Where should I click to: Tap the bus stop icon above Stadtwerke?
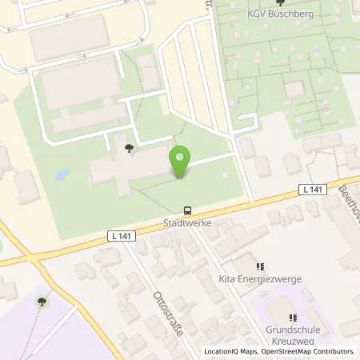[187, 211]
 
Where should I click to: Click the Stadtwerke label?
[187, 223]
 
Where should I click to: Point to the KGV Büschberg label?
[280, 14]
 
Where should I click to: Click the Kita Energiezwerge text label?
[259, 281]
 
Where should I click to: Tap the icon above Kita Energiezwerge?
[259, 267]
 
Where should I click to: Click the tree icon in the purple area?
[42, 301]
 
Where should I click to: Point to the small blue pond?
[61, 174]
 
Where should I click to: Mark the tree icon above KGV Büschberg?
[279, 3]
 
